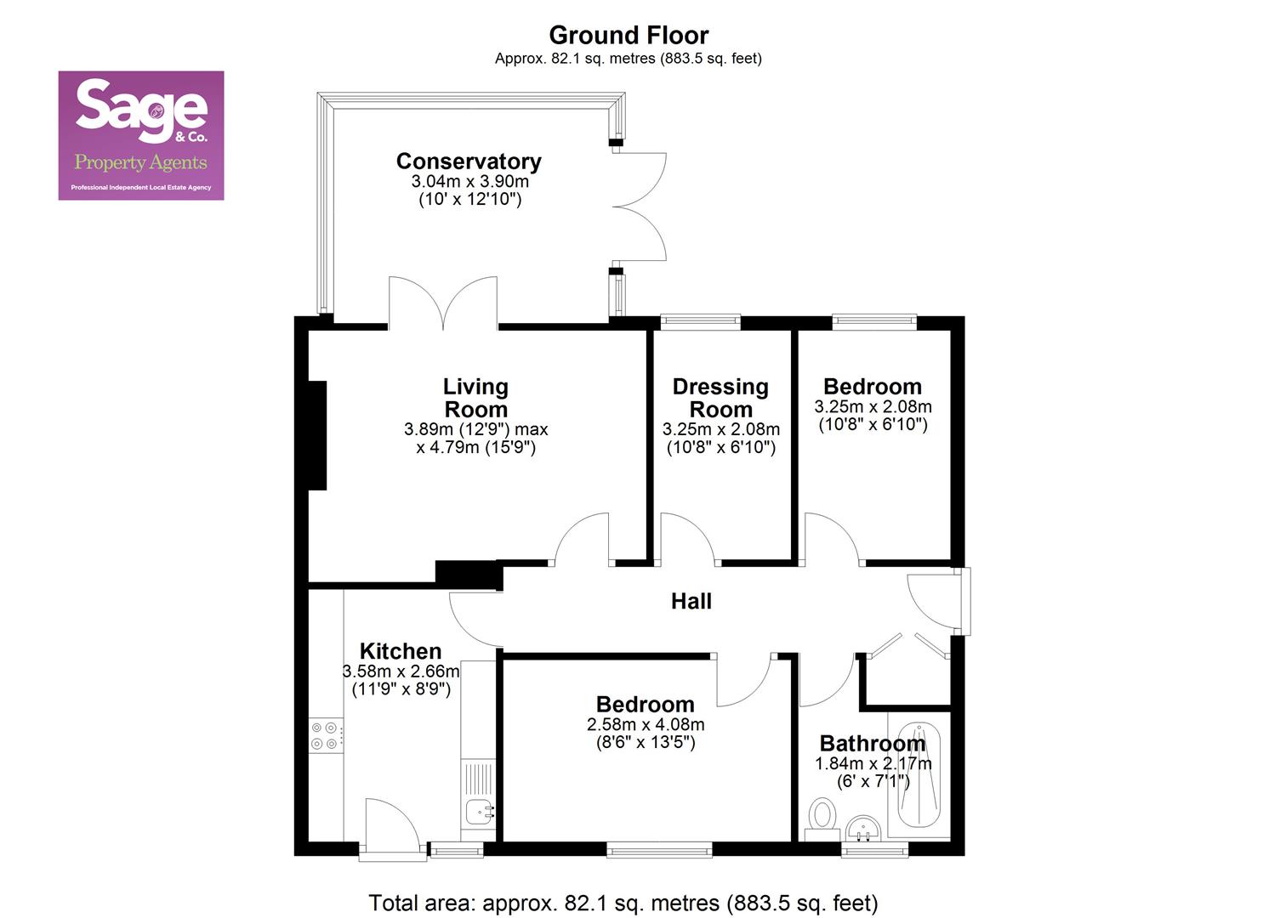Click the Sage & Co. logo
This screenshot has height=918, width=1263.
[141, 135]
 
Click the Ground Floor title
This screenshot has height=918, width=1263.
[629, 35]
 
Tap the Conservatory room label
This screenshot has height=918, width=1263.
[469, 161]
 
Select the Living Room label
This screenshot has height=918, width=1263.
[475, 398]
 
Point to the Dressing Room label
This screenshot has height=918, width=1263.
[720, 398]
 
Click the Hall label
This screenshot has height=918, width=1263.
[691, 601]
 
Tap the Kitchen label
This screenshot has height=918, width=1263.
[401, 651]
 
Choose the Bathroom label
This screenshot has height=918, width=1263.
[872, 744]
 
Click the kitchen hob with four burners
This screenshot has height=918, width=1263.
[327, 735]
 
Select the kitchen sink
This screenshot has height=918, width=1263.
[479, 812]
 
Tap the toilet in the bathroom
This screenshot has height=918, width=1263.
[822, 817]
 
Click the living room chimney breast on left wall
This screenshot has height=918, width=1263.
[317, 435]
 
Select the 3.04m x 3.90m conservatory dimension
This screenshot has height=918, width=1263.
[469, 181]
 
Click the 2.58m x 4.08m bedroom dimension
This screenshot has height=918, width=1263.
[646, 724]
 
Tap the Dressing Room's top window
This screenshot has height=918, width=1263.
[701, 321]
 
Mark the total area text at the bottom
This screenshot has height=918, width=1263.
[623, 902]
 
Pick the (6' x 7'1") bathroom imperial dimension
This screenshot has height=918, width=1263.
[873, 781]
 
